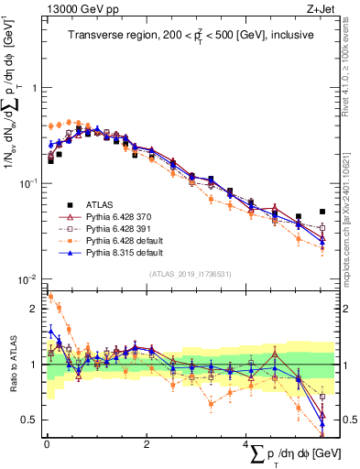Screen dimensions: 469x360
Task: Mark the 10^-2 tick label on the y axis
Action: [x=29, y=278]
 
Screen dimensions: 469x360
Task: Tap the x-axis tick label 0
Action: [x=46, y=444]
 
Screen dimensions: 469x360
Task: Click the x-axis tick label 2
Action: [x=147, y=444]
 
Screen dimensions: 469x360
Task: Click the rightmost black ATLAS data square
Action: [x=322, y=211]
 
